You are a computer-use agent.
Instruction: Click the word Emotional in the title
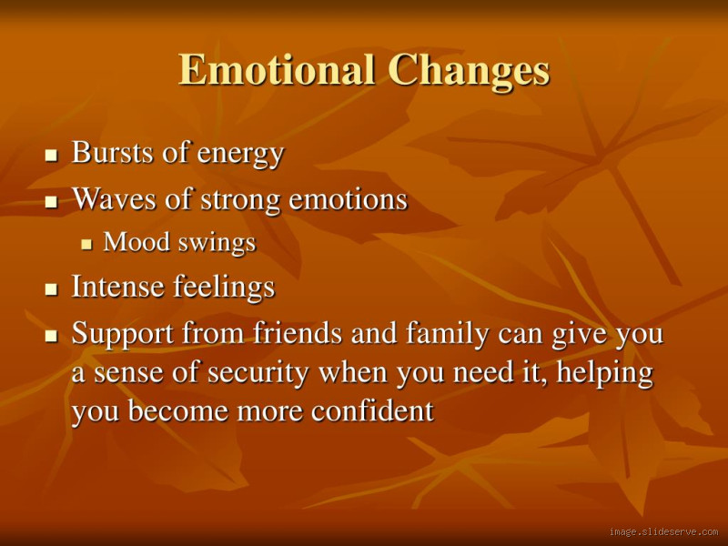pos(278,71)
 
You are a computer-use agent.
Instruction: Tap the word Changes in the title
pos(469,71)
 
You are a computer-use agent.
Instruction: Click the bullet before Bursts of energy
pos(52,156)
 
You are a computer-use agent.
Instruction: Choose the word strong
pos(237,199)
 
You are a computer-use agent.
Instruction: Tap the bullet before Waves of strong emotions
pos(52,201)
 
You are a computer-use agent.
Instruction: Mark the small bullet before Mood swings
pos(86,245)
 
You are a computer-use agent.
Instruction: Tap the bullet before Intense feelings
pos(52,290)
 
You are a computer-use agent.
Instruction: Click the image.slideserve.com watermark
pos(663,531)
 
